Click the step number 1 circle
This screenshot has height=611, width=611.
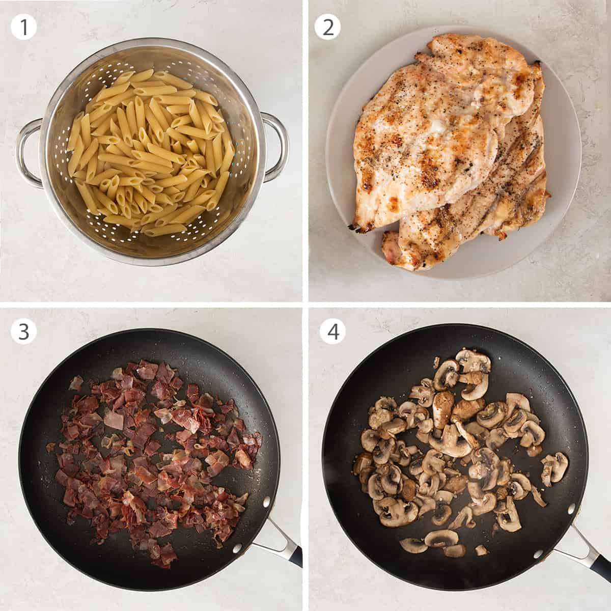point(24,27)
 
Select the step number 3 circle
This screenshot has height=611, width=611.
point(24,331)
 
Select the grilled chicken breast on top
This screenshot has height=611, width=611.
point(428,127)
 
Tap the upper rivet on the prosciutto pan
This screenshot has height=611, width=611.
point(265,504)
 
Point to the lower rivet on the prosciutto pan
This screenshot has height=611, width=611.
point(235,549)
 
